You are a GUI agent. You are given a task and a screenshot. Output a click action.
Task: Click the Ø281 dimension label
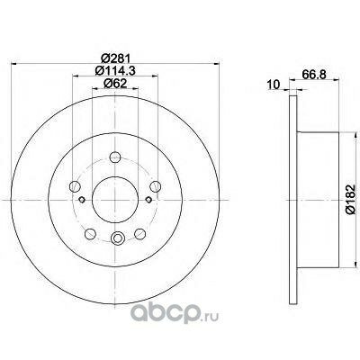click(115, 58)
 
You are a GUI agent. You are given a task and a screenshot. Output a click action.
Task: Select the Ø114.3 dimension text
click(115, 70)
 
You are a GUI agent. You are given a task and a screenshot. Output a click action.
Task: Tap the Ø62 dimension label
click(115, 84)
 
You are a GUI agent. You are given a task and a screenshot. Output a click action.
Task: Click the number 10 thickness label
click(274, 85)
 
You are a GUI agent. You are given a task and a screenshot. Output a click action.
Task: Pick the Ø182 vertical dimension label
click(350, 200)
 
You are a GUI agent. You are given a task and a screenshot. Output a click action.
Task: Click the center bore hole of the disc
click(115, 200)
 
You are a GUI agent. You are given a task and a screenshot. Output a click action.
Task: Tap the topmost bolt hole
click(115, 157)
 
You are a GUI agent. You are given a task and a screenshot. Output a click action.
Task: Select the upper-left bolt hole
click(75, 186)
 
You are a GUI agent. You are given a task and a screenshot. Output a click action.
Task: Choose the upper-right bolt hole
click(156, 186)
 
